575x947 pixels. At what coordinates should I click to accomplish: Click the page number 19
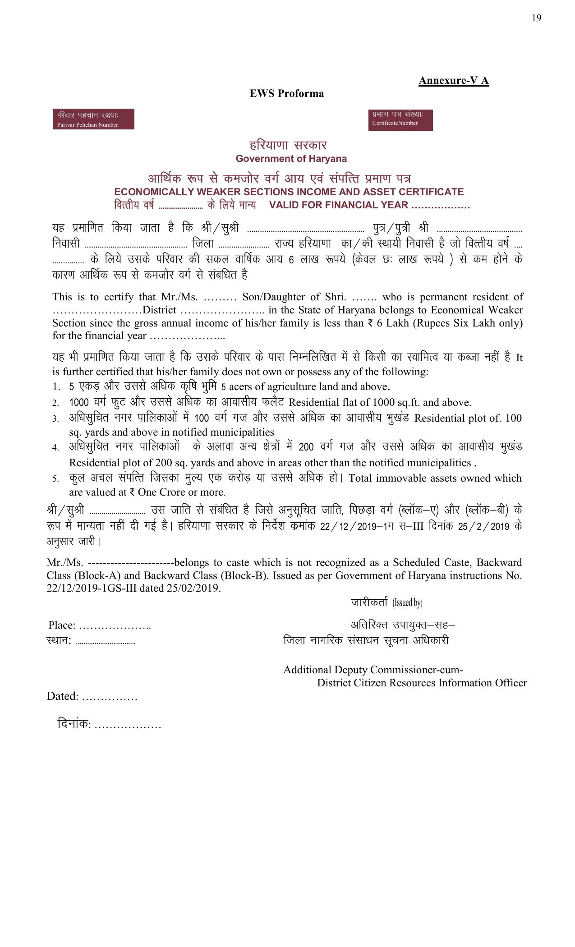(x=536, y=18)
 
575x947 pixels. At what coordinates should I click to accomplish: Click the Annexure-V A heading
(x=453, y=81)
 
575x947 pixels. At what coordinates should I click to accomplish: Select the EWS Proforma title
(x=287, y=93)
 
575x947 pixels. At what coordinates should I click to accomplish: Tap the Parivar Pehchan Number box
(x=93, y=120)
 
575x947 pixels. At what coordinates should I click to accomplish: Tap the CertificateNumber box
(x=400, y=120)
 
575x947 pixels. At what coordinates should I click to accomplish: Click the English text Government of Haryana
(x=291, y=159)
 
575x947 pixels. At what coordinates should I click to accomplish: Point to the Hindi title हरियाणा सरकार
(x=288, y=145)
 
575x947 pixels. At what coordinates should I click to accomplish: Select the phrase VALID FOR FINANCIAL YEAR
(x=338, y=205)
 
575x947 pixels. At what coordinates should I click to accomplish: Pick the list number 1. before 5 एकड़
(x=56, y=387)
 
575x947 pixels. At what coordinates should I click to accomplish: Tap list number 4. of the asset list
(x=55, y=448)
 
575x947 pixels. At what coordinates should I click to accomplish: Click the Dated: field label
(x=63, y=696)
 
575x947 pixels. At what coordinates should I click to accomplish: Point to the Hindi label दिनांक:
(x=74, y=724)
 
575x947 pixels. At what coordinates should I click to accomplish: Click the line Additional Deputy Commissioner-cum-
(x=373, y=670)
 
